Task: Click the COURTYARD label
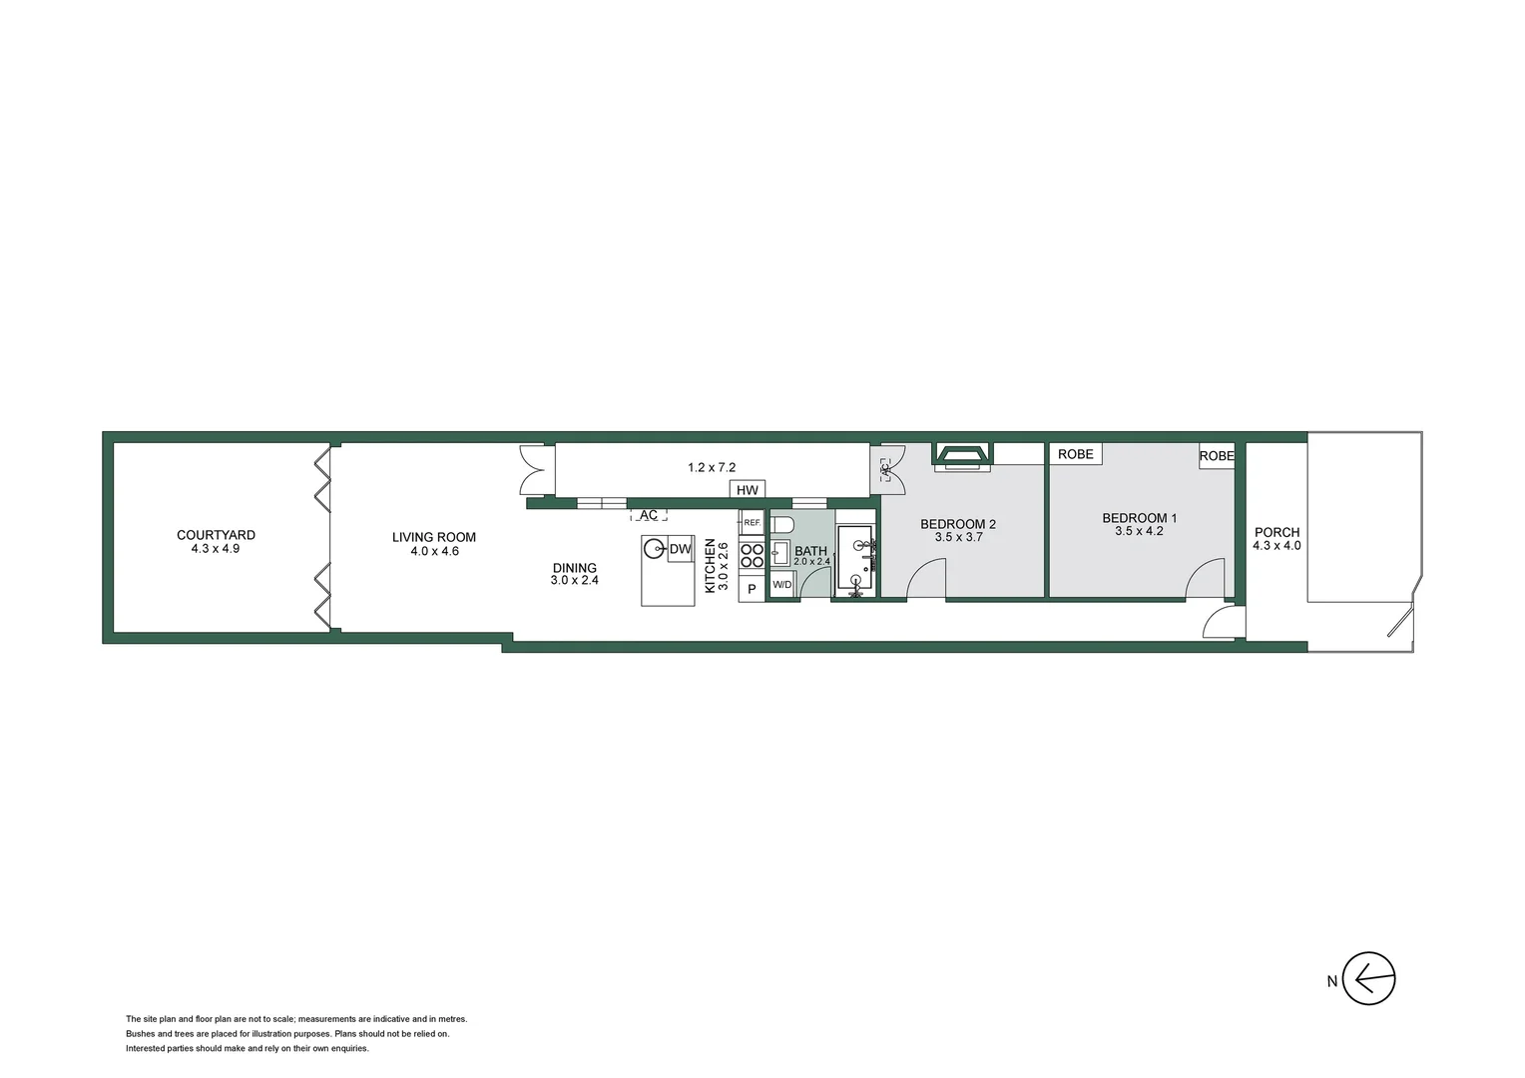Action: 216,536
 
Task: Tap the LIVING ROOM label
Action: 433,538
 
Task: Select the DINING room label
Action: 574,568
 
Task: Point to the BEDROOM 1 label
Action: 1139,518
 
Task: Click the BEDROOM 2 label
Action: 957,524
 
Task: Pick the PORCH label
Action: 1276,533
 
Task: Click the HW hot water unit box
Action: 748,490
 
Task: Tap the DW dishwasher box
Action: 680,549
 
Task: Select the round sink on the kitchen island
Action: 655,548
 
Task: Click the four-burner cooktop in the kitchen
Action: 752,556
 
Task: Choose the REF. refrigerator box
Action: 752,522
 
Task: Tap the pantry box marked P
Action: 752,589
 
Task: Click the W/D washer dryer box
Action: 782,585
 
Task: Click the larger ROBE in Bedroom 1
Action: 1075,454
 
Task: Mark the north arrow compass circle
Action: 1368,978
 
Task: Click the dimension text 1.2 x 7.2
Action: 712,467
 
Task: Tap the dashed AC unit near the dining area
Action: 649,515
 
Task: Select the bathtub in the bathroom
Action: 855,559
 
